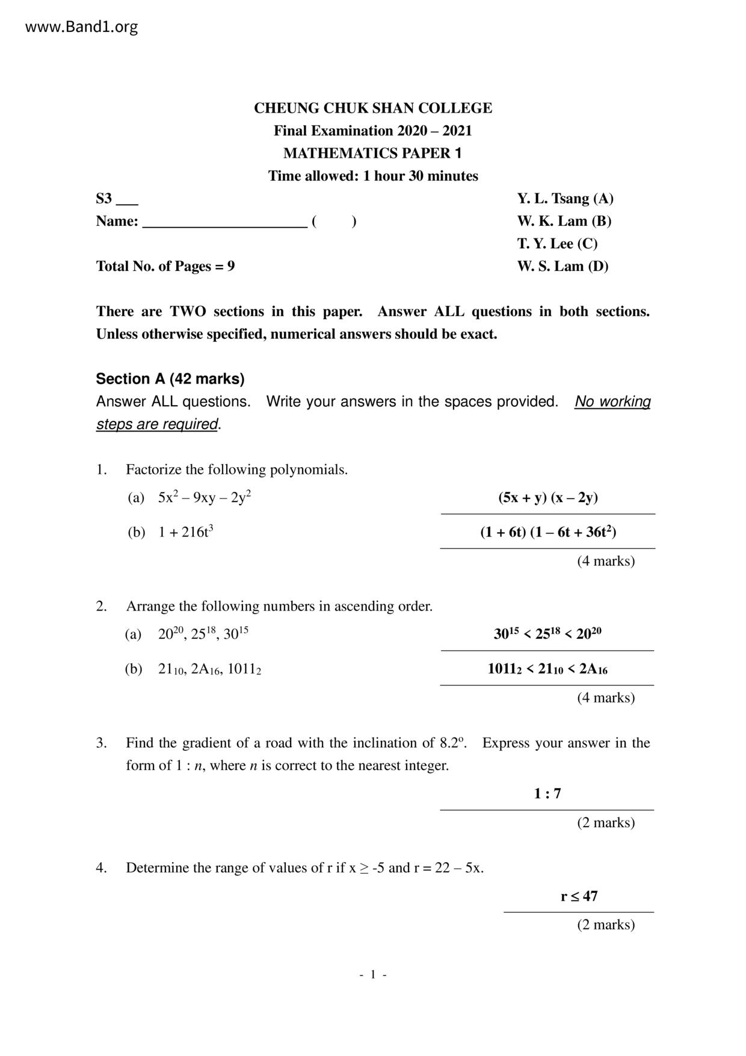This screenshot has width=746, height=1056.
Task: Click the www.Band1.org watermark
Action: tap(82, 27)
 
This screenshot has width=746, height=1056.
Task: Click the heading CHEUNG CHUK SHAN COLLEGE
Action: tap(372, 108)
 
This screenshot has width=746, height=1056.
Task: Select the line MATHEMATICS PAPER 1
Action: tap(372, 154)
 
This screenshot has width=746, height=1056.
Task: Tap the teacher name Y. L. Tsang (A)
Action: tap(565, 199)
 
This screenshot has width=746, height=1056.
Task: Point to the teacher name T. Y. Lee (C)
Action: tap(557, 244)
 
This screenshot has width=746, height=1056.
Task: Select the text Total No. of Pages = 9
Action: tap(165, 266)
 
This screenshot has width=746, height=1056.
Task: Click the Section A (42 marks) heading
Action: tap(170, 379)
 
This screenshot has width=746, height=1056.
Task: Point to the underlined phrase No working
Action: tap(612, 402)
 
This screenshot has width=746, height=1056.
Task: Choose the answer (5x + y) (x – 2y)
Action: tap(547, 497)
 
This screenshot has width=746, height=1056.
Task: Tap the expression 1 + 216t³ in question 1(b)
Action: tap(186, 532)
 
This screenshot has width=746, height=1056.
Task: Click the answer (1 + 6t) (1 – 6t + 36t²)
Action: tap(547, 532)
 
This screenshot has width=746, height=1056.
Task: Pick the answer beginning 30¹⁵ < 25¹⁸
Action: tap(547, 634)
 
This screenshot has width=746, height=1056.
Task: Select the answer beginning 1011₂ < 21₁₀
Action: tap(547, 669)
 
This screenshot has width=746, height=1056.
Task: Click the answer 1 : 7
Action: tap(547, 794)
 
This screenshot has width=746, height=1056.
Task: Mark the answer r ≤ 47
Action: tap(579, 896)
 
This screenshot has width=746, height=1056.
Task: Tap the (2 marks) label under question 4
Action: tap(606, 925)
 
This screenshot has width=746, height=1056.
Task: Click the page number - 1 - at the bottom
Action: tap(373, 975)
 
